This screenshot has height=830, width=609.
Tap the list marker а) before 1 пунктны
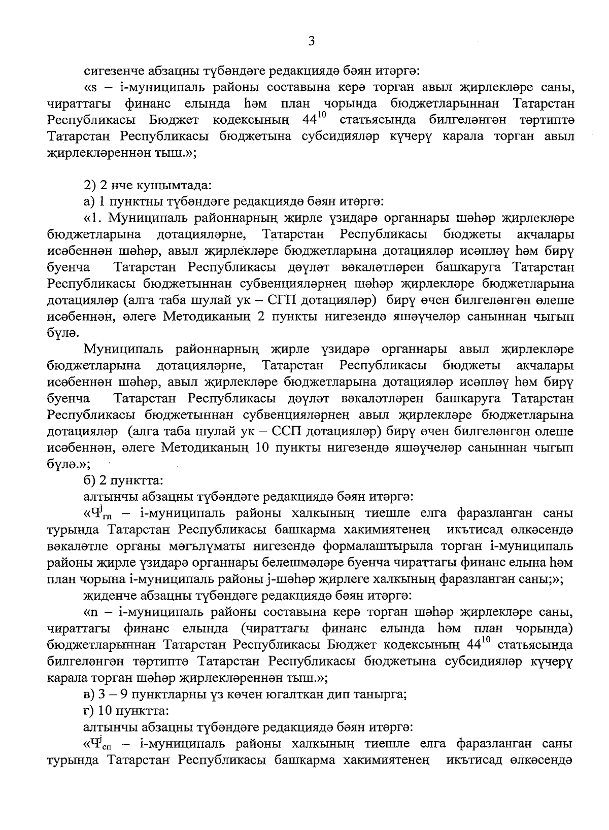click(x=89, y=201)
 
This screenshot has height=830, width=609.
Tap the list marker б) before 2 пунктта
click(x=89, y=480)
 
